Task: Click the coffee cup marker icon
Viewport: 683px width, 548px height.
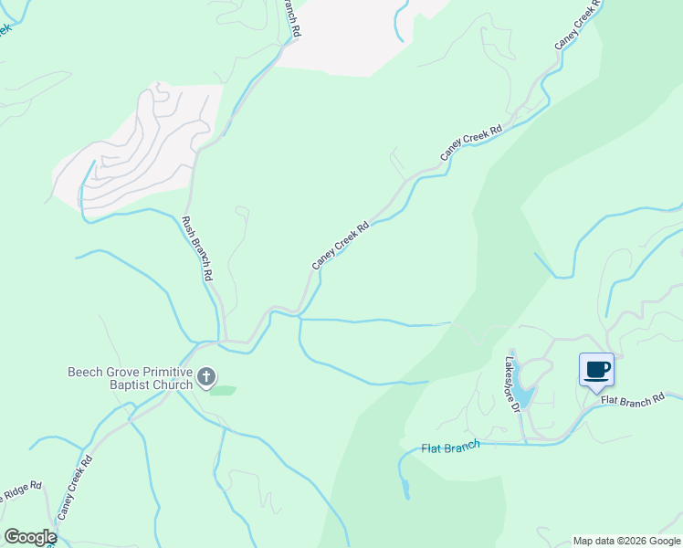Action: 596,370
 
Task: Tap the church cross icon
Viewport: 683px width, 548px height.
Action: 207,376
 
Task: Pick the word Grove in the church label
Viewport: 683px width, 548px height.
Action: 123,372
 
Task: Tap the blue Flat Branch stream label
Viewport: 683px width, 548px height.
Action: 450,448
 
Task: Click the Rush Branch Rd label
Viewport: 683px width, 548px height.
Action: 197,248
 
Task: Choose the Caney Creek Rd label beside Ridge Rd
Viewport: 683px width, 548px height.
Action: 76,489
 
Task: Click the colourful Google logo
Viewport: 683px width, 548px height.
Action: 30,537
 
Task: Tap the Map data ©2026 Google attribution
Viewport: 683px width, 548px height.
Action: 626,541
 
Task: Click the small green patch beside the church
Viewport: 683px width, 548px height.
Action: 223,391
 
